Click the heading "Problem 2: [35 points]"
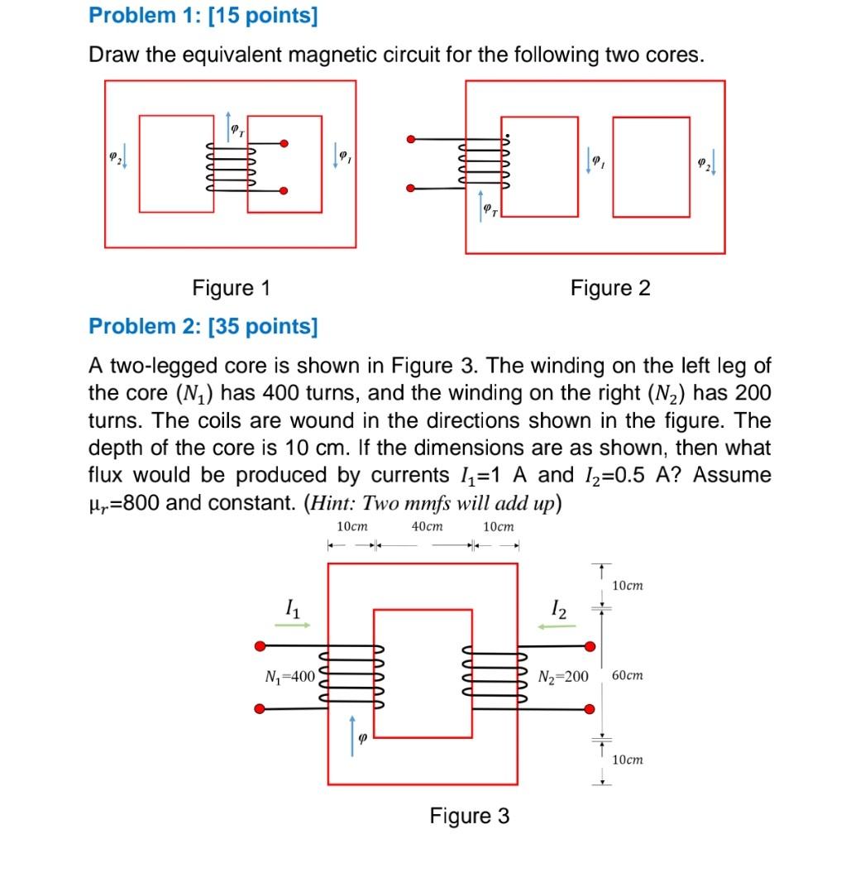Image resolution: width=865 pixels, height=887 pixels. (x=203, y=326)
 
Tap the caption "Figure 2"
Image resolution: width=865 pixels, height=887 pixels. (x=610, y=288)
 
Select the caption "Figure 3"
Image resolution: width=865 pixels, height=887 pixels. (x=469, y=816)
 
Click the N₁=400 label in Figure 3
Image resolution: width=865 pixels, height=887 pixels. (x=289, y=676)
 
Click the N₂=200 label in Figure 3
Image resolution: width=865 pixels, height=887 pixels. (x=562, y=677)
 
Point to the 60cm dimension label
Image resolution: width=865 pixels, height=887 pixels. (x=627, y=676)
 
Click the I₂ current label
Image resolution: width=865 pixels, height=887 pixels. (x=560, y=611)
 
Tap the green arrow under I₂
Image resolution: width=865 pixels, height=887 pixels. (x=557, y=627)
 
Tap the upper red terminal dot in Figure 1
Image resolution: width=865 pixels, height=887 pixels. (x=284, y=143)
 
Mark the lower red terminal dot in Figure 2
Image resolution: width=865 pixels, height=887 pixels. (x=409, y=189)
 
